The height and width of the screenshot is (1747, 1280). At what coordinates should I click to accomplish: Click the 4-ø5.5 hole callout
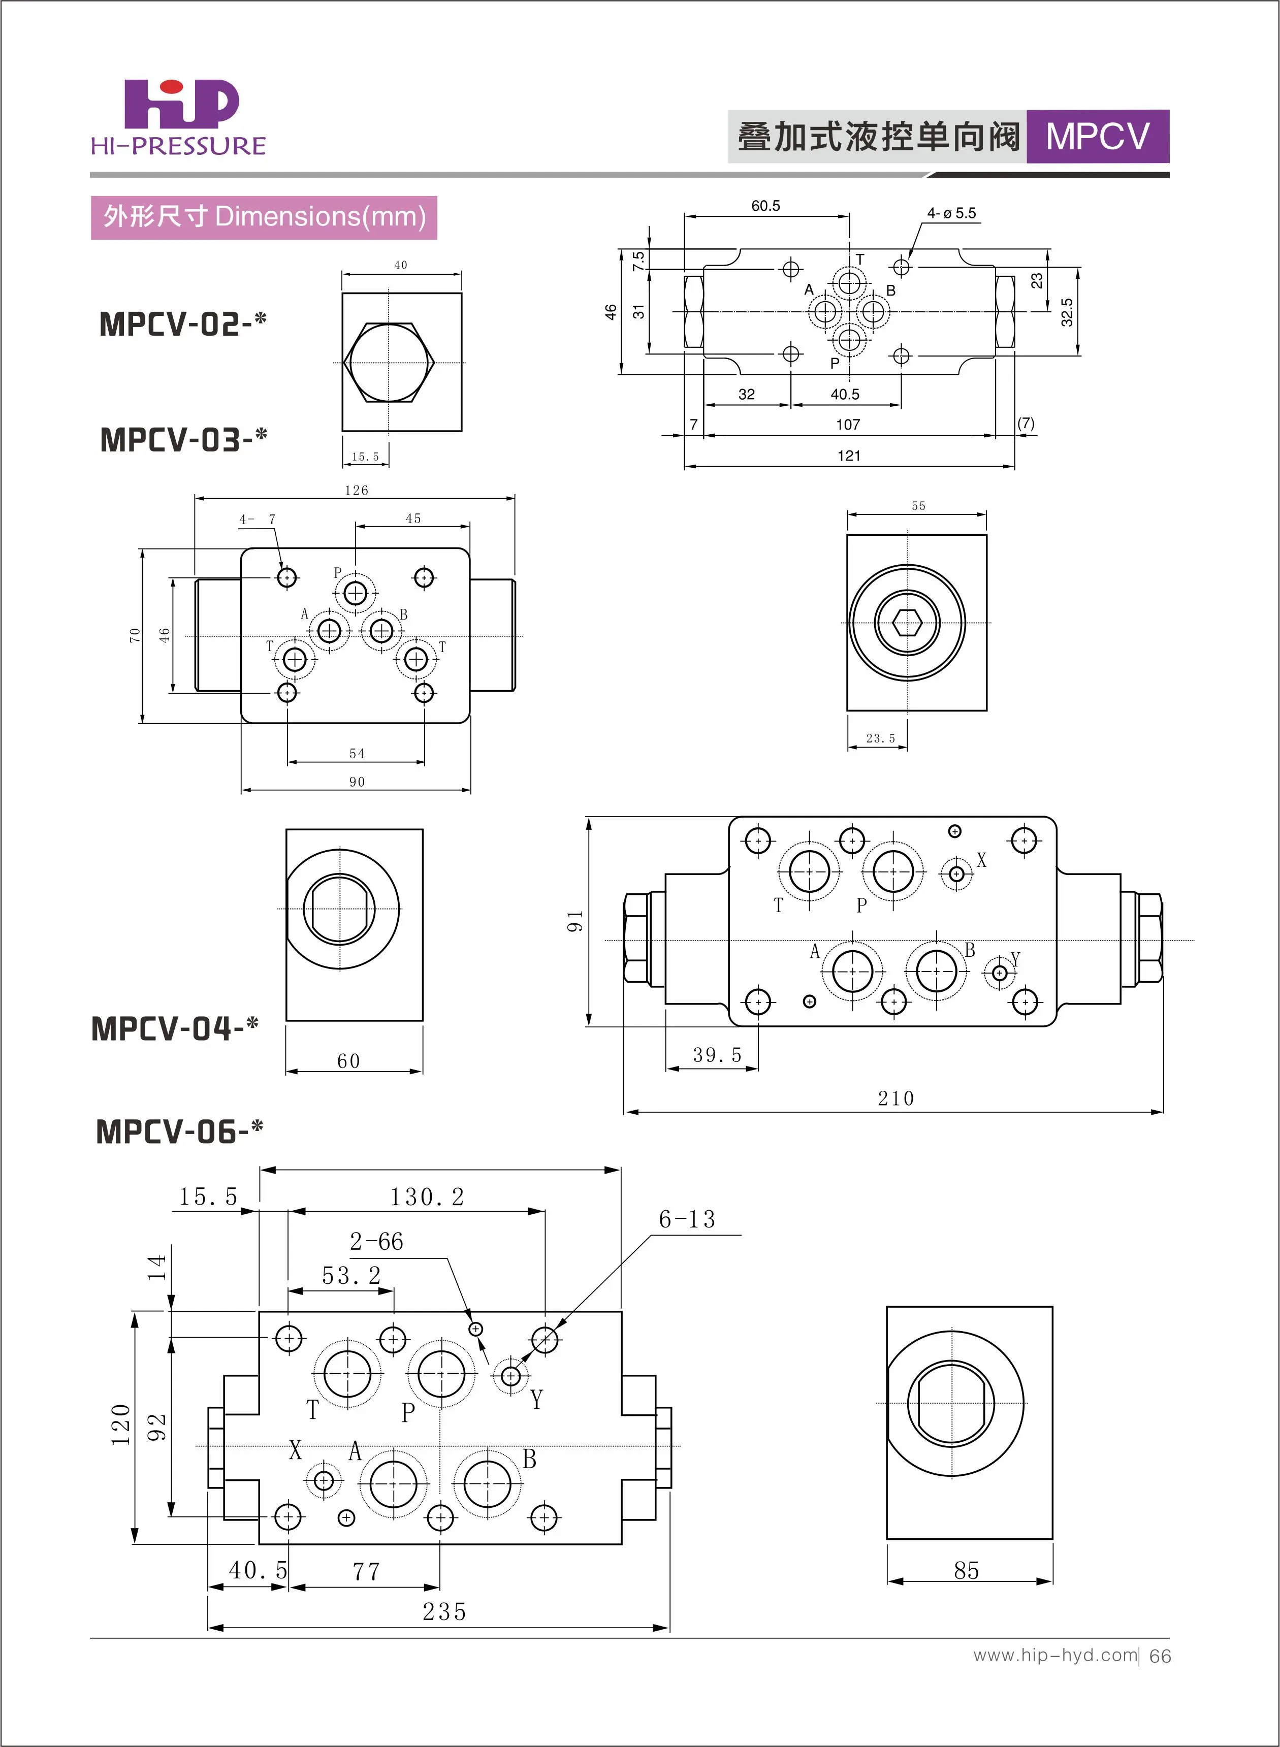coord(951,213)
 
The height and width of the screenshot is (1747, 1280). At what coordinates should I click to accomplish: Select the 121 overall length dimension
coord(848,456)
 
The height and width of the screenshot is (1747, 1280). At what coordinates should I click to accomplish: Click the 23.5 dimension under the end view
coord(880,738)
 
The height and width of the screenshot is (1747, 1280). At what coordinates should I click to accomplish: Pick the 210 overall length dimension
coord(895,1098)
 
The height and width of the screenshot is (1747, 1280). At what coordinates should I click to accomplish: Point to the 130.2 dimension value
coord(427,1198)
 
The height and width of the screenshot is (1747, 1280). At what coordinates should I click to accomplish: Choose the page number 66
coord(1160,1656)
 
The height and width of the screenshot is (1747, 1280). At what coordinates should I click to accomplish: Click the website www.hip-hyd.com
coord(1055,1655)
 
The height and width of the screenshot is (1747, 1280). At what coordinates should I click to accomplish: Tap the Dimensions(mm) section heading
coord(264,217)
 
